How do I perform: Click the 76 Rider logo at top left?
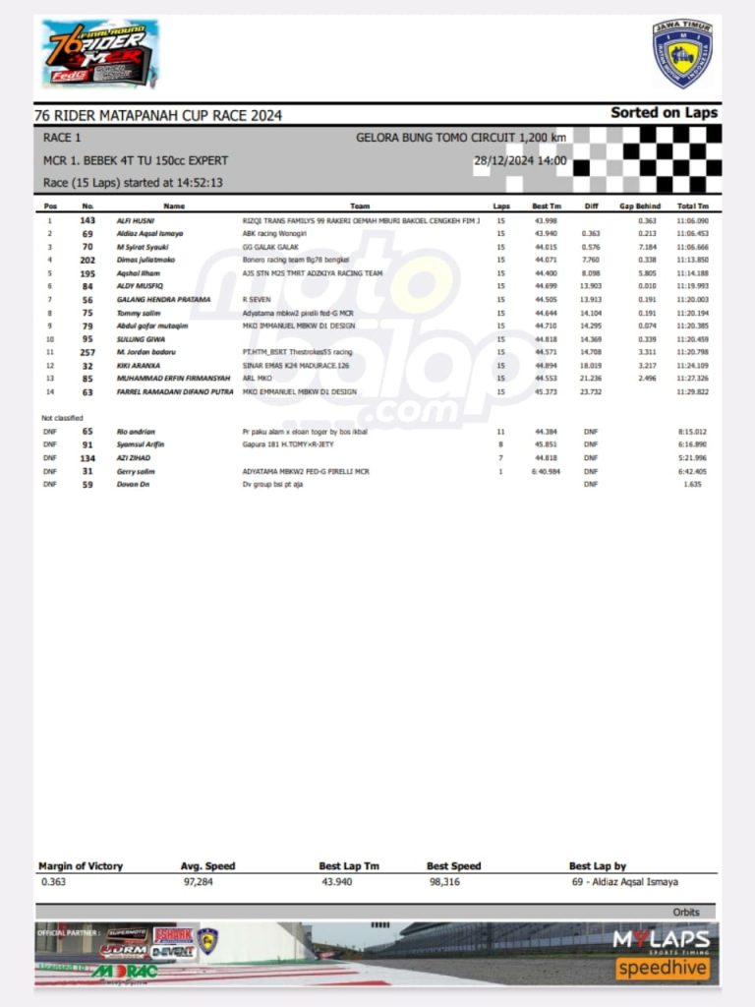(x=99, y=53)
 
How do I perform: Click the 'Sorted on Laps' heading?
(x=664, y=112)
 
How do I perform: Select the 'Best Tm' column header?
(x=547, y=207)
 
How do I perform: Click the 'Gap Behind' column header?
(x=639, y=207)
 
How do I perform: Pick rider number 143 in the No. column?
(x=87, y=220)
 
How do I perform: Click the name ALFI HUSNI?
(x=136, y=220)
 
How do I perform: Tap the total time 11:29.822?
(x=692, y=391)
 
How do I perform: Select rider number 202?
(x=87, y=260)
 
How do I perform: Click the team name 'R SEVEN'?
(x=258, y=299)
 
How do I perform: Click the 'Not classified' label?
(x=61, y=418)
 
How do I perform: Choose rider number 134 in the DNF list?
(x=87, y=458)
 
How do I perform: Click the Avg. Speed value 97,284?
(x=198, y=882)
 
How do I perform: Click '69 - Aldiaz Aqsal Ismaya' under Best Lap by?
(x=623, y=882)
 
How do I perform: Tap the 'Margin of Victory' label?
(x=81, y=866)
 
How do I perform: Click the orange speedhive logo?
(x=663, y=969)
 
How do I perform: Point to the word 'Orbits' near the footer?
(x=686, y=913)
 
